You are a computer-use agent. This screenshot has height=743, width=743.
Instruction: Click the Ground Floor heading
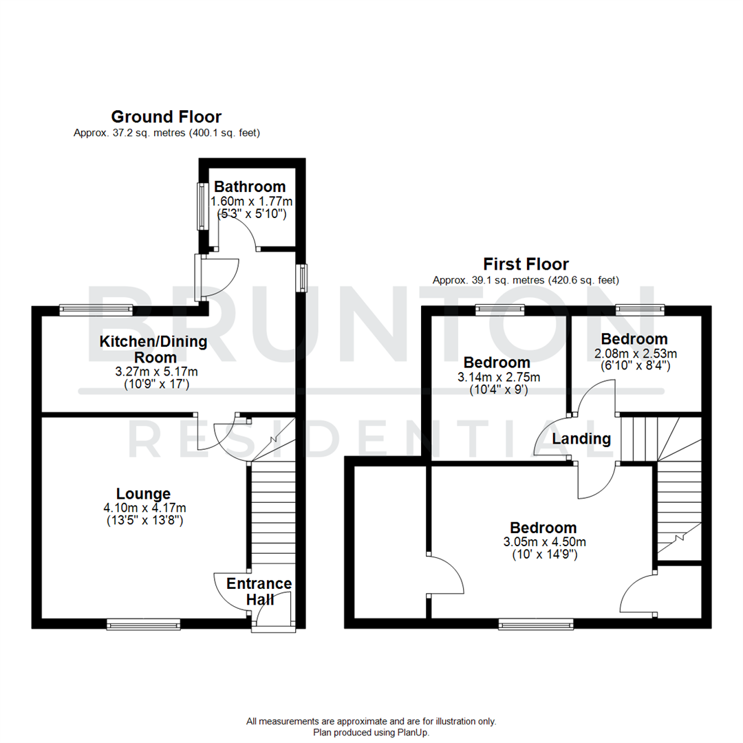click(x=166, y=116)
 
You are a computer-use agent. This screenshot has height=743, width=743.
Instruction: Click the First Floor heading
click(x=526, y=263)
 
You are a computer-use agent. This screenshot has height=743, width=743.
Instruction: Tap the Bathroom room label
click(x=249, y=186)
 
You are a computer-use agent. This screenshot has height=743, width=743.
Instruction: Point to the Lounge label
click(x=143, y=493)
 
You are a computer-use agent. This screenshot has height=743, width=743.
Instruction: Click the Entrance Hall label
click(x=259, y=592)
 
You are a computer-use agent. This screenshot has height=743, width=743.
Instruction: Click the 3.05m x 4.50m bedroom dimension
click(x=539, y=541)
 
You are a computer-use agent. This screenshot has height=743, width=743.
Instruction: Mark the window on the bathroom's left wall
click(x=202, y=206)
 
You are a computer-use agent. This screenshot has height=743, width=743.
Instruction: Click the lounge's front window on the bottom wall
click(x=143, y=624)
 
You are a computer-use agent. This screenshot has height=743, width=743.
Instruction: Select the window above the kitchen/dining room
click(x=96, y=310)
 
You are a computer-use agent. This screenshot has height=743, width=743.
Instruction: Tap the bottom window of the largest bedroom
click(x=536, y=625)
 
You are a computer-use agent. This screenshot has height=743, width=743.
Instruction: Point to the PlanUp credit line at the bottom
click(x=371, y=733)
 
